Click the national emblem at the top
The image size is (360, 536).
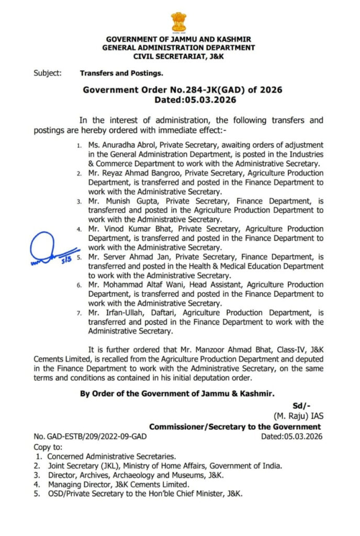tap(178, 21)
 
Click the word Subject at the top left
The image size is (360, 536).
tap(47, 73)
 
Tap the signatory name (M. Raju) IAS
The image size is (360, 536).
tap(298, 417)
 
